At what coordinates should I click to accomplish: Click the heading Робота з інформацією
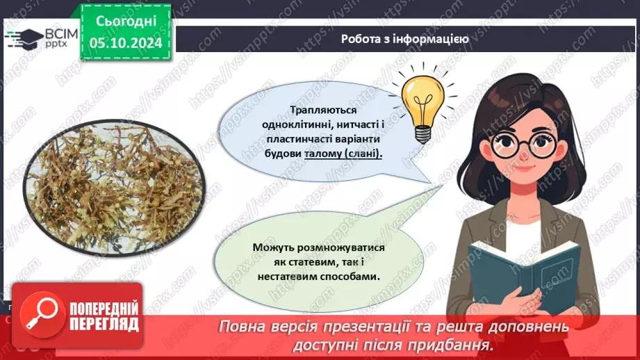pos(404,39)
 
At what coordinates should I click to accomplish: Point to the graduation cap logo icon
pos(21,38)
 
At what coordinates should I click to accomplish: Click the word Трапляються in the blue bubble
pos(324,110)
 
